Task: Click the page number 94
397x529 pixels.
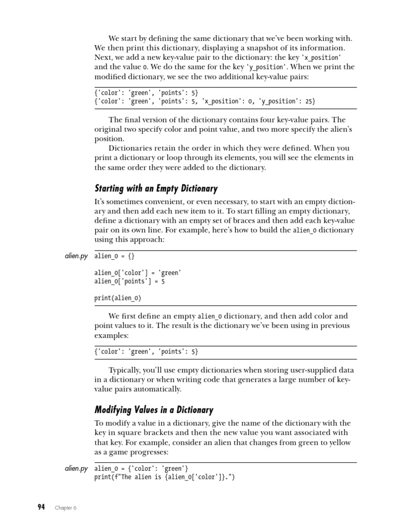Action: tap(41, 507)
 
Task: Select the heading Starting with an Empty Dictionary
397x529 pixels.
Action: tap(156, 188)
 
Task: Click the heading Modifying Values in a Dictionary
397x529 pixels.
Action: tap(154, 410)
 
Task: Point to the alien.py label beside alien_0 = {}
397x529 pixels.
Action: tap(76, 256)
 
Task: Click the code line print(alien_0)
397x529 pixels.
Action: tap(117, 298)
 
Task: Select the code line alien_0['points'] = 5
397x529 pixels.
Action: tap(130, 281)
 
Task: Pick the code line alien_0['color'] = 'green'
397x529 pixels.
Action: tap(138, 273)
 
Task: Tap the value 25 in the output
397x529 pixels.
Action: tap(309, 102)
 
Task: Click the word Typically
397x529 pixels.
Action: tap(126, 370)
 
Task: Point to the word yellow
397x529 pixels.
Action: tap(338, 442)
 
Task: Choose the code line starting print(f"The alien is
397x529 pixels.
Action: tap(164, 477)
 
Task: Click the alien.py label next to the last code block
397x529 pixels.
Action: tap(76, 469)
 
